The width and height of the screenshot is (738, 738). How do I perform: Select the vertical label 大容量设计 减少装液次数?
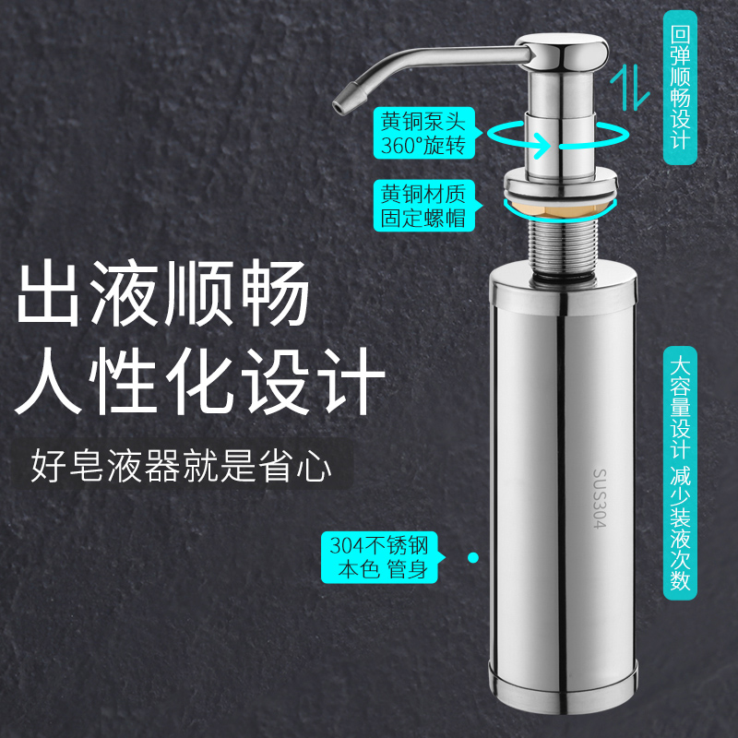click(x=680, y=470)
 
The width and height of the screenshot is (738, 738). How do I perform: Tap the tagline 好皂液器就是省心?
click(x=181, y=467)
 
